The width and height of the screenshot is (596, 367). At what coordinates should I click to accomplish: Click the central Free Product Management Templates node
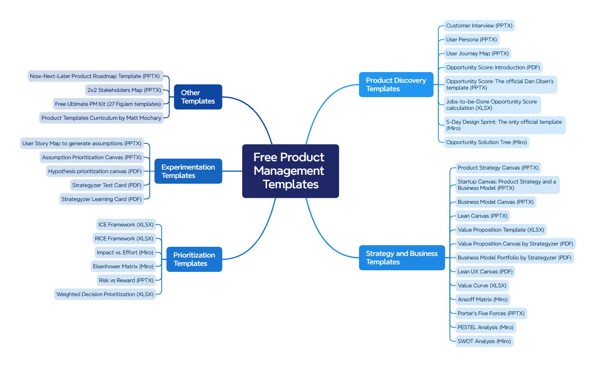[290, 171]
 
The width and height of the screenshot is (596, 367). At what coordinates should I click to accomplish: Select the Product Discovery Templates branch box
[396, 84]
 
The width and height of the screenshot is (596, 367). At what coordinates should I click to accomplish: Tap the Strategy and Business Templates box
[401, 258]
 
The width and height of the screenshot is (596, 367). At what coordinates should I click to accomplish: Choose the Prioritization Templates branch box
[194, 259]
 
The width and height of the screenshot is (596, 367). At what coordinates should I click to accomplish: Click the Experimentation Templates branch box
[188, 171]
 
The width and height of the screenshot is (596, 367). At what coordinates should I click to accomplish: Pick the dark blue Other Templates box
[198, 97]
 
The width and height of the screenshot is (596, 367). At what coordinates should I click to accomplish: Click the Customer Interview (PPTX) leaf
[479, 25]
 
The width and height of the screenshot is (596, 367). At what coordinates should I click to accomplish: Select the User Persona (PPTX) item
[471, 39]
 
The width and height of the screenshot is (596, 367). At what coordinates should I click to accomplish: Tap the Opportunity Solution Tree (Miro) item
[486, 142]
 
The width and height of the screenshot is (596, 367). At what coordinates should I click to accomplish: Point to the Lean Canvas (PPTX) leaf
[482, 216]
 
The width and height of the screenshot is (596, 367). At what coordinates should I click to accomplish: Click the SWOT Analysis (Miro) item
[484, 341]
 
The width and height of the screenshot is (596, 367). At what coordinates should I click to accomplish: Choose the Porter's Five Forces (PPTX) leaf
[491, 313]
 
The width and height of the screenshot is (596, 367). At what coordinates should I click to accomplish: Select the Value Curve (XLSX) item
[482, 285]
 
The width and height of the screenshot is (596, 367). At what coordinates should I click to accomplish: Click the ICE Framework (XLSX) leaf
[126, 224]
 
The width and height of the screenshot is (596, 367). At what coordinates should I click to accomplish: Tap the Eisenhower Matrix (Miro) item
[123, 266]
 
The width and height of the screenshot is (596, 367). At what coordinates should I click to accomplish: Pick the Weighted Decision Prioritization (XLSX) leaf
[105, 294]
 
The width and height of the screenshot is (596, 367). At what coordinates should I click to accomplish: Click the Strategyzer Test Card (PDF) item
[106, 185]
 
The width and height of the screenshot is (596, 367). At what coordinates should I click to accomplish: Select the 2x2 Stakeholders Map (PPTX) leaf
[124, 90]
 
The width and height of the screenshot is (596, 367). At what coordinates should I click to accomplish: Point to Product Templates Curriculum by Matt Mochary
[101, 118]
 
